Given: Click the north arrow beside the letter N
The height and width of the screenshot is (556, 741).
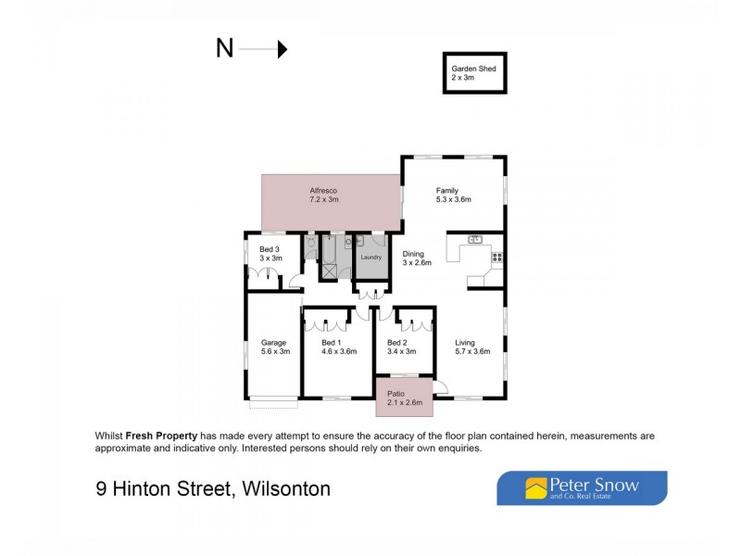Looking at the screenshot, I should pos(270,49).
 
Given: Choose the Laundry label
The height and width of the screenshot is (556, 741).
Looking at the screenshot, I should pos(371,257).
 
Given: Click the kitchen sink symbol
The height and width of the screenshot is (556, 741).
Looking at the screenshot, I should pos(475,240).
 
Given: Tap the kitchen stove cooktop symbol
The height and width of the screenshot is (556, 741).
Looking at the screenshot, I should pos(496,257).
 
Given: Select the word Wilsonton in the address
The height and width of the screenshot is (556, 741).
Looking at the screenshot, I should pos(286,488).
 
